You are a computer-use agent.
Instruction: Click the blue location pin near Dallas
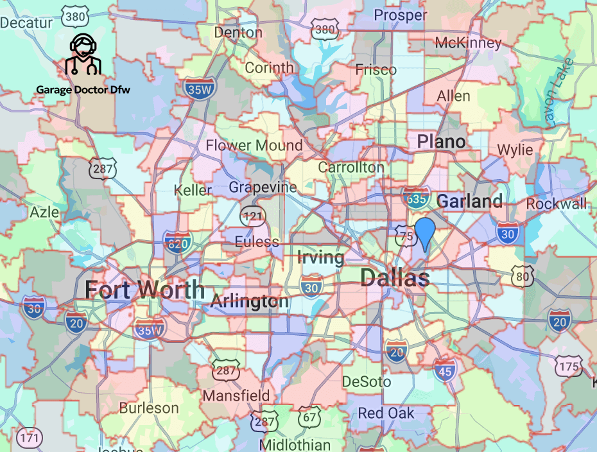click(x=425, y=232)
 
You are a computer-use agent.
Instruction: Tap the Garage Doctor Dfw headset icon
click(x=82, y=55)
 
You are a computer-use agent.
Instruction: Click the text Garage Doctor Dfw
click(x=83, y=90)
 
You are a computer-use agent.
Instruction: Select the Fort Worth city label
click(x=144, y=290)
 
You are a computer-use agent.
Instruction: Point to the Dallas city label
click(x=395, y=278)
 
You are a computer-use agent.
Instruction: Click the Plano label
click(x=441, y=141)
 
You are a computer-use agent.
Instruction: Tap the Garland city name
click(x=469, y=201)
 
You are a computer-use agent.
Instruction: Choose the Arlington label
click(x=250, y=301)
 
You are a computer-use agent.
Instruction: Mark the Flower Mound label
click(x=254, y=146)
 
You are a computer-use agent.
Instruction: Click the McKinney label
click(x=467, y=43)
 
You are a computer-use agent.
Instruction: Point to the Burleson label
click(x=149, y=408)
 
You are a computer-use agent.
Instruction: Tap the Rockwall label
click(x=556, y=204)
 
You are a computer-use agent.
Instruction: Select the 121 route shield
click(x=254, y=216)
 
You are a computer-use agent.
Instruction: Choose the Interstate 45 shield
click(x=445, y=370)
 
